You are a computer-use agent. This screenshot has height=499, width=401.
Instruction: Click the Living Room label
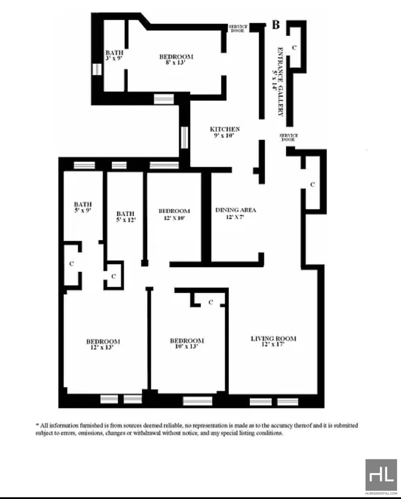pyautogui.click(x=274, y=341)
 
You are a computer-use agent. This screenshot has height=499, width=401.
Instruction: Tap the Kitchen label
pyautogui.click(x=225, y=132)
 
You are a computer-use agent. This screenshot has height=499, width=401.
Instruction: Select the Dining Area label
pyautogui.click(x=236, y=213)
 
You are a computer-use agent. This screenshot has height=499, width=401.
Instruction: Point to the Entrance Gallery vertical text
pyautogui.click(x=277, y=82)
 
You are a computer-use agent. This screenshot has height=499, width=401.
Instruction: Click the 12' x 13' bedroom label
pyautogui.click(x=103, y=344)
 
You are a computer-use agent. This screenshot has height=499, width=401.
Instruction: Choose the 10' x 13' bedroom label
pyautogui.click(x=186, y=343)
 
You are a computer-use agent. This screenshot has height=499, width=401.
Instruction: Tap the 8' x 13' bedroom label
pyautogui.click(x=176, y=60)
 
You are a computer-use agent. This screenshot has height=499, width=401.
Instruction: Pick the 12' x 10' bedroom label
pyautogui.click(x=174, y=214)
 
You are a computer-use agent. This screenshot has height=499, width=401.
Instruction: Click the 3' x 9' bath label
pyautogui.click(x=114, y=55)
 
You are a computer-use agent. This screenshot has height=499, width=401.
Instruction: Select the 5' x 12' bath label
pyautogui.click(x=126, y=217)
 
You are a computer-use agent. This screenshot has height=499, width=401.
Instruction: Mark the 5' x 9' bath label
pyautogui.click(x=83, y=207)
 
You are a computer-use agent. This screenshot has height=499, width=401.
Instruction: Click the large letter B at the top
pyautogui.click(x=276, y=25)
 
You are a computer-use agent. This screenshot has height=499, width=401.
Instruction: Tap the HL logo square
pyautogui.click(x=381, y=475)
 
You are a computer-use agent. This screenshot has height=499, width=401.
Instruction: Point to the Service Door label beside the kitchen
pyautogui.click(x=289, y=137)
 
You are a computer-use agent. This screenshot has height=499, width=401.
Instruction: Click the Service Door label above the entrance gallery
pyautogui.click(x=238, y=29)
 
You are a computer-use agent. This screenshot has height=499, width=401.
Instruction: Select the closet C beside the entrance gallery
pyautogui.click(x=294, y=48)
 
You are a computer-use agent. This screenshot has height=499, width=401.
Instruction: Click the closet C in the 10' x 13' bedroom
pyautogui.click(x=211, y=302)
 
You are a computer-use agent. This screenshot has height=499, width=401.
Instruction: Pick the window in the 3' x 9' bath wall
pyautogui.click(x=97, y=69)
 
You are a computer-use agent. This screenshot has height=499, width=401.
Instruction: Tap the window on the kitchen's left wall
pyautogui.click(x=184, y=137)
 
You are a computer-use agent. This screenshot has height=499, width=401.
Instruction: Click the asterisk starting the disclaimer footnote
pyautogui.click(x=37, y=425)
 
